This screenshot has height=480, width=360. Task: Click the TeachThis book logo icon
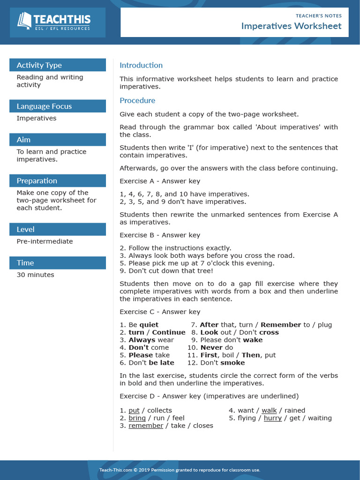pyautogui.click(x=24, y=20)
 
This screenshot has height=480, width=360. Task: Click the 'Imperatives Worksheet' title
pyautogui.click(x=291, y=26)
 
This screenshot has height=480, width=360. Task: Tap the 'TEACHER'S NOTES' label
pyautogui.click(x=318, y=15)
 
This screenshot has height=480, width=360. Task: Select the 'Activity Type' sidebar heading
pyautogui.click(x=39, y=65)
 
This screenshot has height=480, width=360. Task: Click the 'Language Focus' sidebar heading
pyautogui.click(x=44, y=106)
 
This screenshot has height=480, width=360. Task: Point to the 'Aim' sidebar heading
pyautogui.click(x=23, y=140)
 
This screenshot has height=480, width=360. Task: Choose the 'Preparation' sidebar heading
pyautogui.click(x=37, y=181)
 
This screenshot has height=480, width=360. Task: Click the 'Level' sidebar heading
pyautogui.click(x=25, y=229)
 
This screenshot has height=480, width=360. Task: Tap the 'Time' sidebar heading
pyautogui.click(x=25, y=263)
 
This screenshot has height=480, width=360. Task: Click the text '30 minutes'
pyautogui.click(x=35, y=275)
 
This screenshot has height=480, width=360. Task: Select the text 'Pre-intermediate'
pyautogui.click(x=45, y=241)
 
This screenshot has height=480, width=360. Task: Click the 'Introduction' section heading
pyautogui.click(x=141, y=65)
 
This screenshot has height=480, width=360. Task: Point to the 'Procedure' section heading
pyautogui.click(x=137, y=100)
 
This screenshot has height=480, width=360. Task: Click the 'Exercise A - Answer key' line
pyautogui.click(x=160, y=181)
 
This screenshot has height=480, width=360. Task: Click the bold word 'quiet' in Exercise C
pyautogui.click(x=149, y=325)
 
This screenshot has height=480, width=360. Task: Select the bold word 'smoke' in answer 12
pyautogui.click(x=232, y=363)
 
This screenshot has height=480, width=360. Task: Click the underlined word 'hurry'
pyautogui.click(x=272, y=418)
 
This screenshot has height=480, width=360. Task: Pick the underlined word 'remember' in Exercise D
pyautogui.click(x=146, y=426)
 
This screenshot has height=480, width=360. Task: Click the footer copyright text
pyautogui.click(x=180, y=470)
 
